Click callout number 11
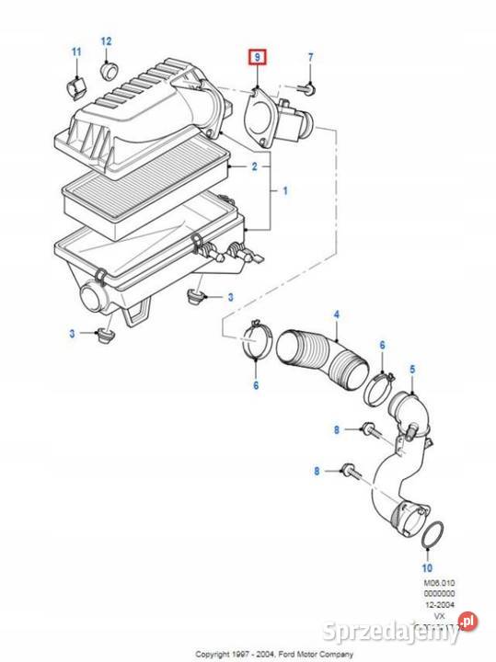(76, 51)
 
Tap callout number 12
(106, 41)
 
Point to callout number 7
(310, 58)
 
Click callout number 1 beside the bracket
(285, 190)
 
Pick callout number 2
(255, 166)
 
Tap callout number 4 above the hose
(336, 315)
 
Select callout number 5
(412, 369)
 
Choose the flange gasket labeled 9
(258, 116)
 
